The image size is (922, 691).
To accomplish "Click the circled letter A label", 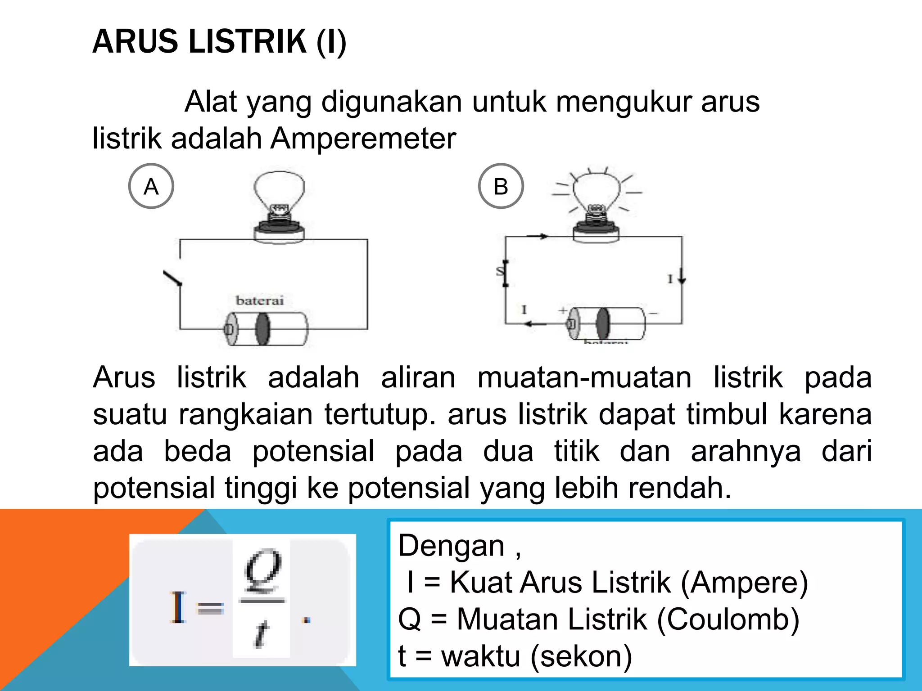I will point(151,186).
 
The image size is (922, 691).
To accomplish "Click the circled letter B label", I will point(501,186).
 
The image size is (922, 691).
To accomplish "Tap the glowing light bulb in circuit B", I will point(596,198).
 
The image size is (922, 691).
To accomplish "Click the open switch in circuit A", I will point(173,278).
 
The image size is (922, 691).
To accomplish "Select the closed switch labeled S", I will point(505,273).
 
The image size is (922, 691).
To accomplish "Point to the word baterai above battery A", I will point(260,301).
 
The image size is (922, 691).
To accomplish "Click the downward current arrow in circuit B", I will point(682,275).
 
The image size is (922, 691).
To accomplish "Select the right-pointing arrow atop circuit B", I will point(538,236).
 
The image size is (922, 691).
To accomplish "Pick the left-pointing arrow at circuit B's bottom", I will point(536,323).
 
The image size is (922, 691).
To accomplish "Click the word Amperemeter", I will point(363,138).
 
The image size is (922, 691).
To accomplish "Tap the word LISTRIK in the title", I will point(247,41).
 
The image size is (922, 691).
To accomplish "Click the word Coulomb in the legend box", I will point(728,619).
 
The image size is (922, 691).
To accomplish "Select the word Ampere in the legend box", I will point(744,583).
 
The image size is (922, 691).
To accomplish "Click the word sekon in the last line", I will point(581,656).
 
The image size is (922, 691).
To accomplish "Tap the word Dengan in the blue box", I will point(451,546).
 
